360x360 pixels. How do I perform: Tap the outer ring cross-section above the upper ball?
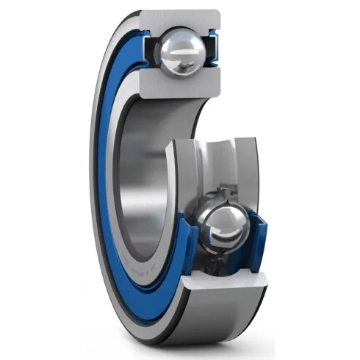click(180, 17)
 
